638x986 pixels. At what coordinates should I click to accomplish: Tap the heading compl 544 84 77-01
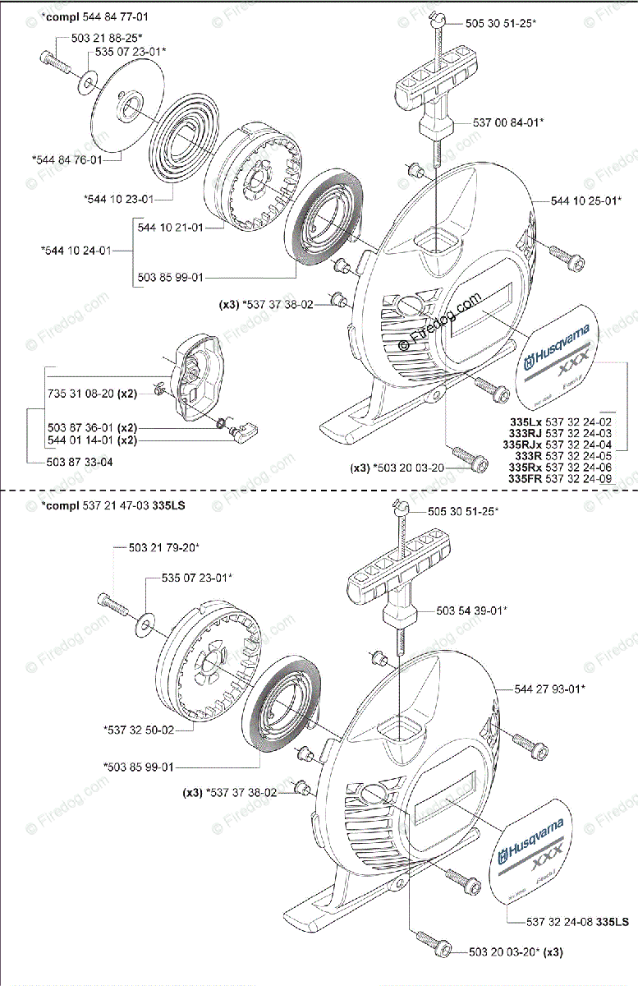tap(76, 16)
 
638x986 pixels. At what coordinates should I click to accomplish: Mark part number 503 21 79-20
tap(164, 546)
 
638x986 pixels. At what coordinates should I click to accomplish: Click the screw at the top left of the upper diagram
tap(54, 60)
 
